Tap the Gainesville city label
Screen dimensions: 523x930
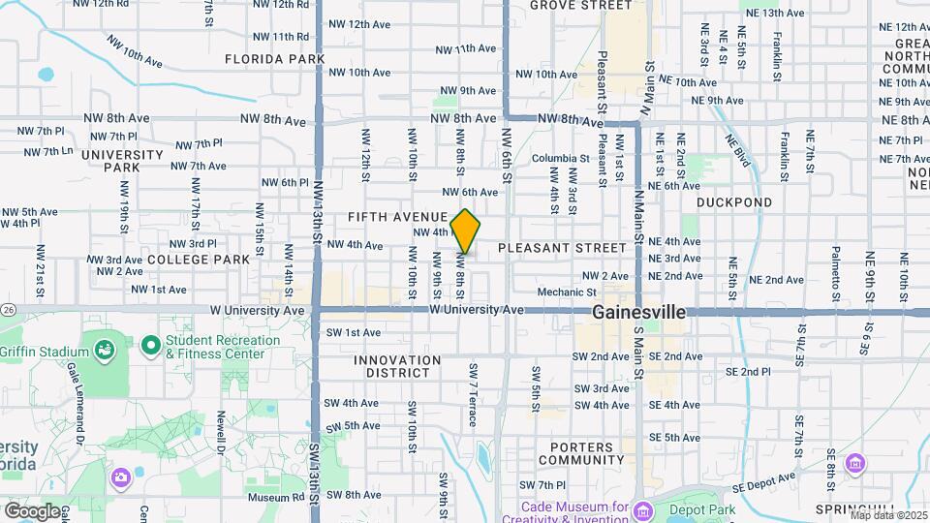(638, 313)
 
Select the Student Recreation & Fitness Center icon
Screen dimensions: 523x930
(150, 345)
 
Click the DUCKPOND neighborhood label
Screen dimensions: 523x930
(734, 202)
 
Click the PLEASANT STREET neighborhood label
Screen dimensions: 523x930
(563, 248)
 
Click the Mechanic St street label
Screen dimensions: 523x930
(566, 292)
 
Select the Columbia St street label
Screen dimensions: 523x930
(560, 158)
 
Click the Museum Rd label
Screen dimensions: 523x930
(268, 498)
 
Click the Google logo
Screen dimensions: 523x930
(32, 510)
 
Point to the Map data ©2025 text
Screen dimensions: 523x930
(888, 515)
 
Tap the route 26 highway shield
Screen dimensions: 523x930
(8, 309)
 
